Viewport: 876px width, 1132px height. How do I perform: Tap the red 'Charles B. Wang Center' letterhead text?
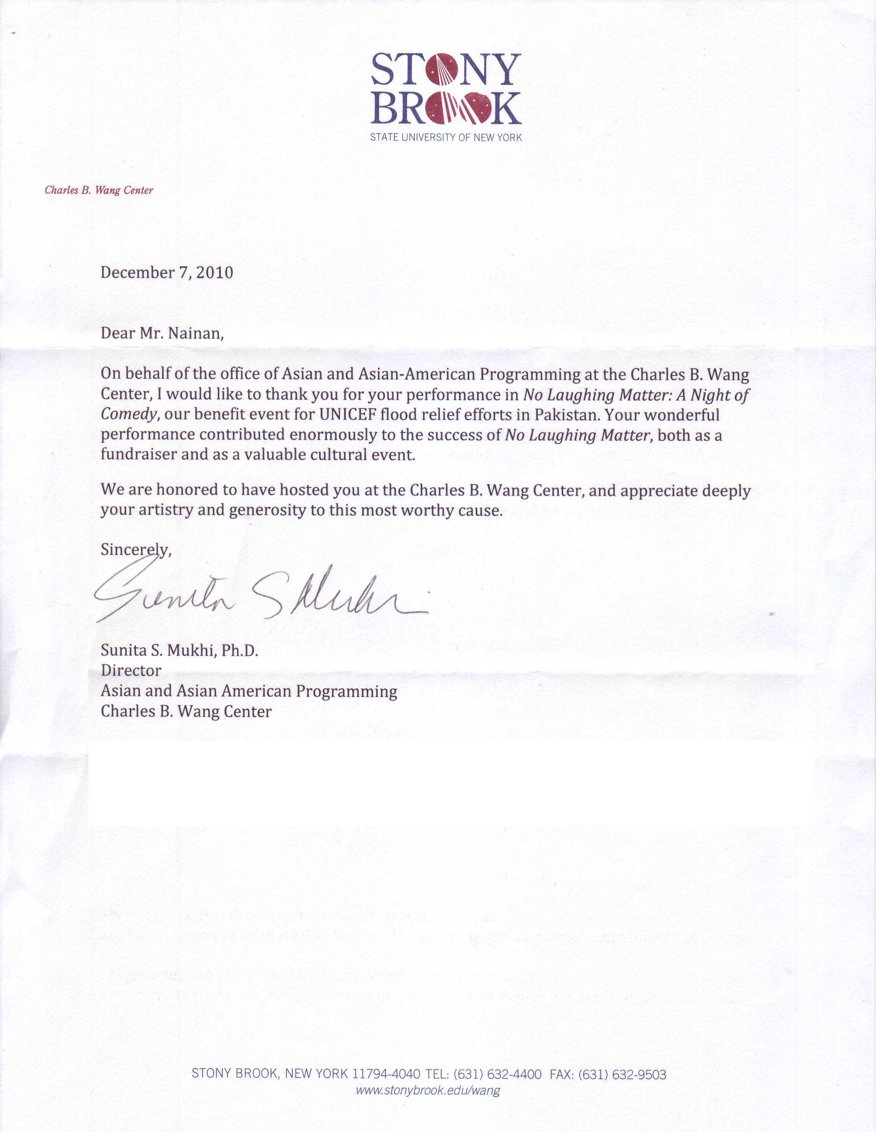tap(99, 190)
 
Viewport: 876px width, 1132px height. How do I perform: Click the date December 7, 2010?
tap(167, 273)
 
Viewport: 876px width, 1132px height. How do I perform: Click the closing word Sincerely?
tap(135, 549)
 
